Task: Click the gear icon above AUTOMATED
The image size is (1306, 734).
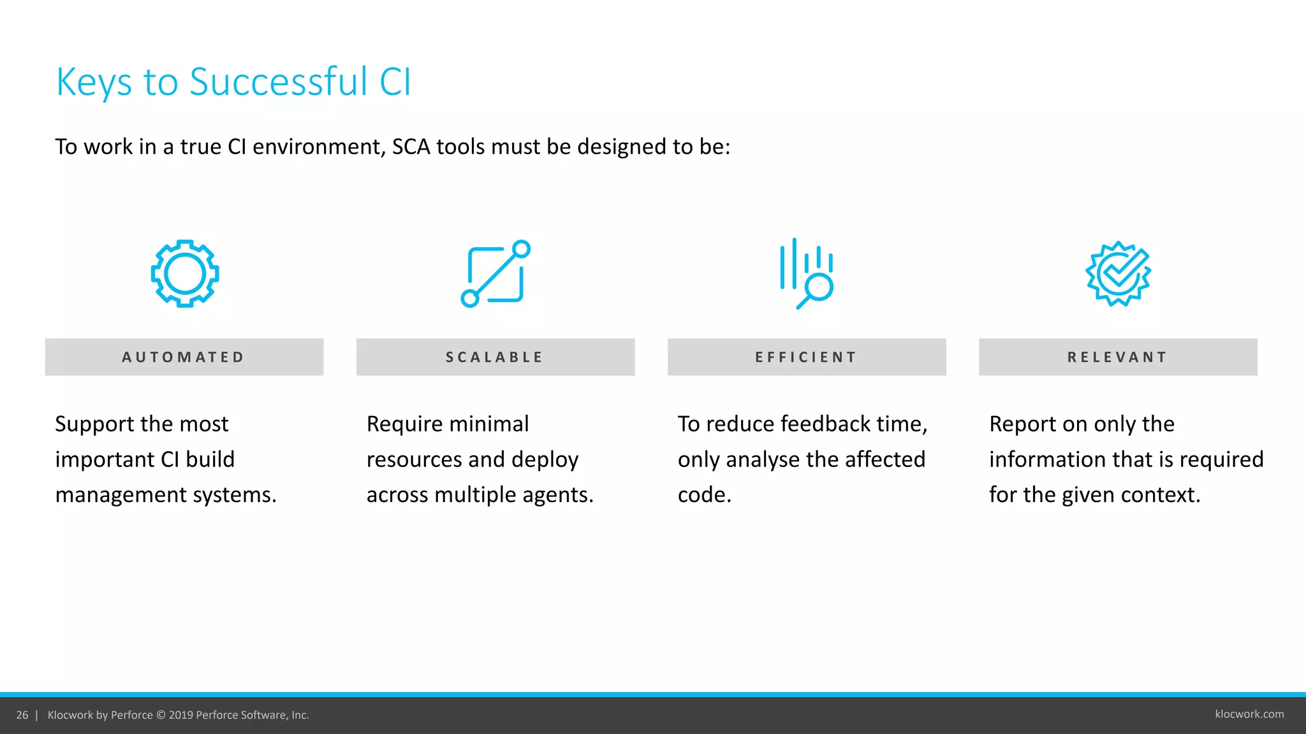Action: pyautogui.click(x=185, y=274)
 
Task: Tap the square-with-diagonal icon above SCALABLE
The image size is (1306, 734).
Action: pyautogui.click(x=495, y=274)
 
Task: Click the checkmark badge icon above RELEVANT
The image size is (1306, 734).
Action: pyautogui.click(x=1118, y=274)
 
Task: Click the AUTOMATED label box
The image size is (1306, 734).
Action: pyautogui.click(x=184, y=357)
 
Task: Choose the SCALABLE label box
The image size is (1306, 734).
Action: pyautogui.click(x=495, y=357)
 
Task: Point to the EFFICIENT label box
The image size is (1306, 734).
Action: pyautogui.click(x=807, y=357)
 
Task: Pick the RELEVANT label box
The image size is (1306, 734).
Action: pyautogui.click(x=1118, y=357)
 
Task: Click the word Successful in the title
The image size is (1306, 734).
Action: pyautogui.click(x=279, y=82)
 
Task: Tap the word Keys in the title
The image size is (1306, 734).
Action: pyautogui.click(x=94, y=83)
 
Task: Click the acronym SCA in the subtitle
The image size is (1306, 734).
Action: pyautogui.click(x=411, y=147)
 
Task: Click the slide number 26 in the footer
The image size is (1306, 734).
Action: pyautogui.click(x=22, y=715)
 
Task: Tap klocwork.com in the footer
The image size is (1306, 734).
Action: pyautogui.click(x=1249, y=714)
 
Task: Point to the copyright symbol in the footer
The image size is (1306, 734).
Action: pyautogui.click(x=161, y=715)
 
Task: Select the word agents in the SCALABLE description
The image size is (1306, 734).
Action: pyautogui.click(x=557, y=495)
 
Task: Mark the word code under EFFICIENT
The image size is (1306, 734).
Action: pyautogui.click(x=703, y=495)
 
